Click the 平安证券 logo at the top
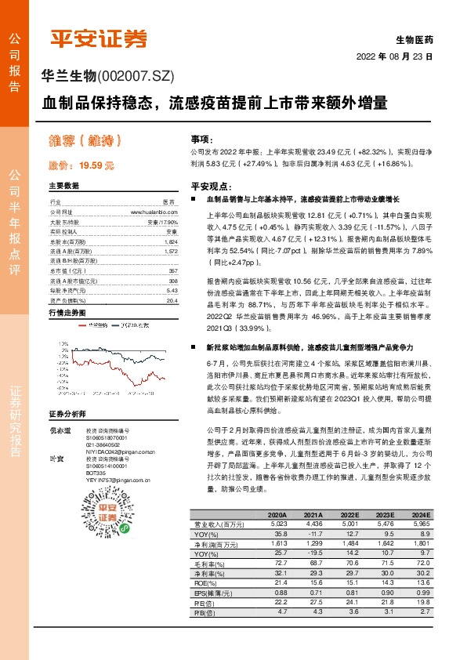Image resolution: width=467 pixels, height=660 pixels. point(98,38)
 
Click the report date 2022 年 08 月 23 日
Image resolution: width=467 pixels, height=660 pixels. point(395,56)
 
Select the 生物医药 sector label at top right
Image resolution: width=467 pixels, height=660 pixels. point(414,38)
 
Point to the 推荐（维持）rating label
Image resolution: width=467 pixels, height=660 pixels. point(86,141)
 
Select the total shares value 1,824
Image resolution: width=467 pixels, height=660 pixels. point(172,242)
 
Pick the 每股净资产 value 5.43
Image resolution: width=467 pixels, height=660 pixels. point(172,290)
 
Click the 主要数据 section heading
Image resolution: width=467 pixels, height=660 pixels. point(63,187)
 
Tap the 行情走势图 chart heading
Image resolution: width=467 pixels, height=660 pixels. point(67,312)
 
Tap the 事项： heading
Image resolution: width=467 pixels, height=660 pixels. point(204,137)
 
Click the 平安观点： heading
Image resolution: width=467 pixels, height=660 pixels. point(211,187)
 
